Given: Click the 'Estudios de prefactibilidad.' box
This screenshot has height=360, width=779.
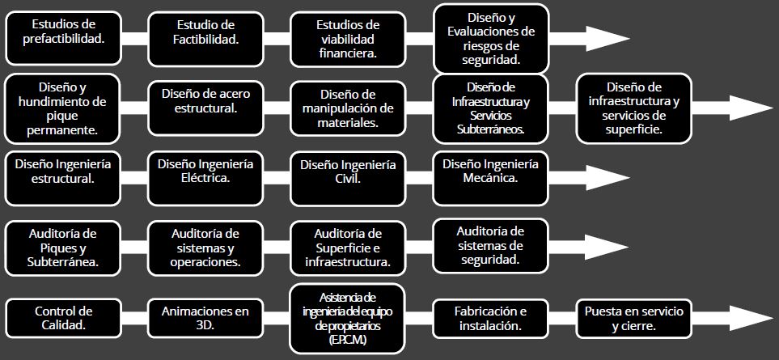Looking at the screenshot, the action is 64,39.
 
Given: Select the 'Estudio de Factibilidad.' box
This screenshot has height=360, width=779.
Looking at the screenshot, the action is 205,39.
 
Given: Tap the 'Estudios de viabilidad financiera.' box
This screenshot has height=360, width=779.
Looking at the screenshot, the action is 348,39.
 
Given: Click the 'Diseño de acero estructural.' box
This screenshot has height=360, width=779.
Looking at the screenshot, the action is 205,108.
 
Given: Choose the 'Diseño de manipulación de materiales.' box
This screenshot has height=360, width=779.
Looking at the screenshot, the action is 348,108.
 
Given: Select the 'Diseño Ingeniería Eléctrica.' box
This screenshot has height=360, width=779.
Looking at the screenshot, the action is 205,178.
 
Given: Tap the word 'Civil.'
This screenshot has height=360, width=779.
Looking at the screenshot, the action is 348,178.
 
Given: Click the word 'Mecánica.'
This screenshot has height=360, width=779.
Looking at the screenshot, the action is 490,178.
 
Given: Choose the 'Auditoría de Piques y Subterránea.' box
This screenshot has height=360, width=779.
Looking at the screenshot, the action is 64,248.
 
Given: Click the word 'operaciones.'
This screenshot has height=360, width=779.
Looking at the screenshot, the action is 205,262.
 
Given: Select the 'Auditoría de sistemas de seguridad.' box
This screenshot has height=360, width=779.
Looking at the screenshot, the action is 491,246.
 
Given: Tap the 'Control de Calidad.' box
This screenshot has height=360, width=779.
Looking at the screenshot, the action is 64,318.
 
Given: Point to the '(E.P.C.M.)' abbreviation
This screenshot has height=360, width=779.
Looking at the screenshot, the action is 348,341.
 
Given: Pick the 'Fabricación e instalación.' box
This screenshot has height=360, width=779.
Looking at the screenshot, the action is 491,318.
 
